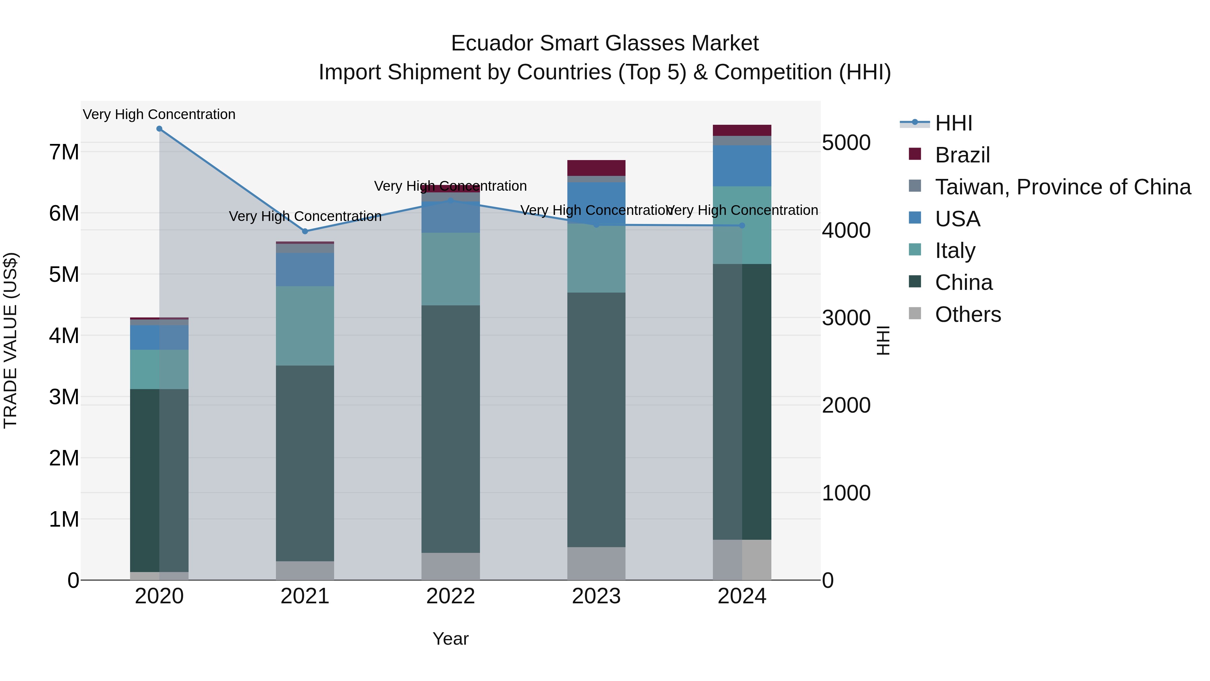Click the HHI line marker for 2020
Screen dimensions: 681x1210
tap(159, 129)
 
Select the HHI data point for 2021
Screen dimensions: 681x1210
tap(305, 231)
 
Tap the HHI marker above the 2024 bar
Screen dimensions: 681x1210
tap(742, 226)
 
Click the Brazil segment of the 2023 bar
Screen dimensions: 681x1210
tap(596, 168)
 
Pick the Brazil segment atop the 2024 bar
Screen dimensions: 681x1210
tap(742, 130)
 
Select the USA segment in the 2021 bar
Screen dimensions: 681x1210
tap(305, 269)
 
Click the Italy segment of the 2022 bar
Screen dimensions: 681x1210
tap(450, 269)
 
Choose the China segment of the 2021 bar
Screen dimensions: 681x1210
tap(305, 463)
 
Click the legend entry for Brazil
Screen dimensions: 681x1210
tap(962, 155)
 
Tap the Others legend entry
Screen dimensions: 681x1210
tap(968, 314)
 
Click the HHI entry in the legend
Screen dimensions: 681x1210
tap(953, 123)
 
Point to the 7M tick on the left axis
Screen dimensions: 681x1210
tap(64, 152)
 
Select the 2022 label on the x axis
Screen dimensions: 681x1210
tap(450, 596)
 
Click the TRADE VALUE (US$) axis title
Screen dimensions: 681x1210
tap(11, 340)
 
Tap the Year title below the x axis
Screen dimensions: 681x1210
tap(450, 639)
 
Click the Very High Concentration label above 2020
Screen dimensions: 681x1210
tap(159, 114)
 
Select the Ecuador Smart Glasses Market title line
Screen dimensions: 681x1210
tap(605, 43)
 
